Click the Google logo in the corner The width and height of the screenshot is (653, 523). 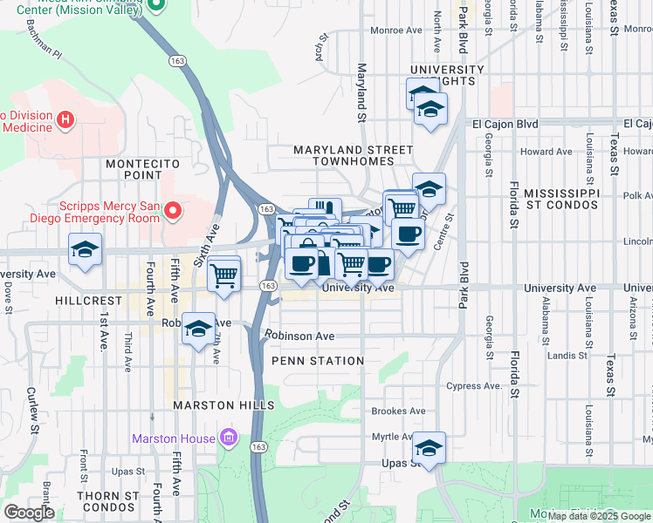click(x=28, y=513)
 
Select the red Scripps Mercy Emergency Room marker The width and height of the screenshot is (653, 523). click(x=173, y=210)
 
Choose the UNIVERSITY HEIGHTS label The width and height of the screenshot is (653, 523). click(x=447, y=75)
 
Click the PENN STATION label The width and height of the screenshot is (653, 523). click(x=318, y=361)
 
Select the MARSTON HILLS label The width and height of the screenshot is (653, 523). click(x=223, y=405)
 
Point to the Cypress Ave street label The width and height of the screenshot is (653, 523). click(x=475, y=386)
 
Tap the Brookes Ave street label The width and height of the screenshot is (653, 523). click(x=398, y=411)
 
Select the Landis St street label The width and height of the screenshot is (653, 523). click(x=566, y=355)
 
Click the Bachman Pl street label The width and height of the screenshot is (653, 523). click(x=45, y=53)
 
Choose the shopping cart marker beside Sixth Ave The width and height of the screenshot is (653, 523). click(x=224, y=275)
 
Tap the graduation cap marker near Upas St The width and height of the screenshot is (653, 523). click(x=429, y=448)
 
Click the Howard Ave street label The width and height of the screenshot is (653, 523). click(x=546, y=152)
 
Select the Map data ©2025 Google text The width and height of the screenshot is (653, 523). click(x=599, y=516)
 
